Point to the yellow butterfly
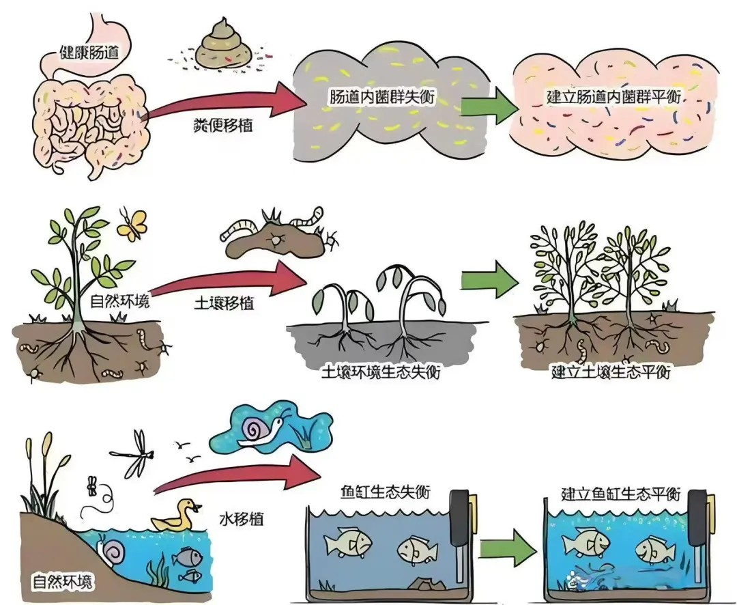tap(132, 224)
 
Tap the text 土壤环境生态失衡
tap(379, 373)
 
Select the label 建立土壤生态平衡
tap(610, 373)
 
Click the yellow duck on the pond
tap(176, 516)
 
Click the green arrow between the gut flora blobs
tap(488, 106)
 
